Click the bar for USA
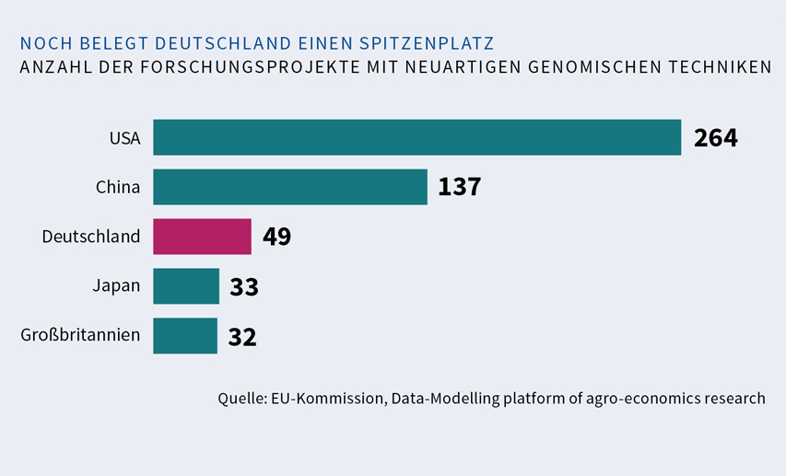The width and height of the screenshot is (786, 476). pos(416,137)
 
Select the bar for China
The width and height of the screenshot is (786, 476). pos(290,187)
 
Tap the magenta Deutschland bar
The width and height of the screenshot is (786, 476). pos(202,237)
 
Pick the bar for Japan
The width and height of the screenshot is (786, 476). pos(186,286)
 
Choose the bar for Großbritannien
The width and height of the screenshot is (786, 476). pos(185,336)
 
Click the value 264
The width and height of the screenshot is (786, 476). pos(716,138)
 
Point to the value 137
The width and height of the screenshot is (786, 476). pos(459,188)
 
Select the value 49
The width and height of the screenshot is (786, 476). pos(276,238)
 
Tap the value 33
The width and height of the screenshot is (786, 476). pos(244,287)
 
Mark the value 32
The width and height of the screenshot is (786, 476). pos(242,337)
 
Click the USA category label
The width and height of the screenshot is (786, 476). pos(124,138)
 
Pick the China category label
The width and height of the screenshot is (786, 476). pos(118,188)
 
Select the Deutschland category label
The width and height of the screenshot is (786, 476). pos(91,238)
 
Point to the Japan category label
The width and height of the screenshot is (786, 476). pos(116,286)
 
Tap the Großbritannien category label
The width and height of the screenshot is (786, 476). pos(80,335)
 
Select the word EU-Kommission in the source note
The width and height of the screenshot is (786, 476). pos(327,399)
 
